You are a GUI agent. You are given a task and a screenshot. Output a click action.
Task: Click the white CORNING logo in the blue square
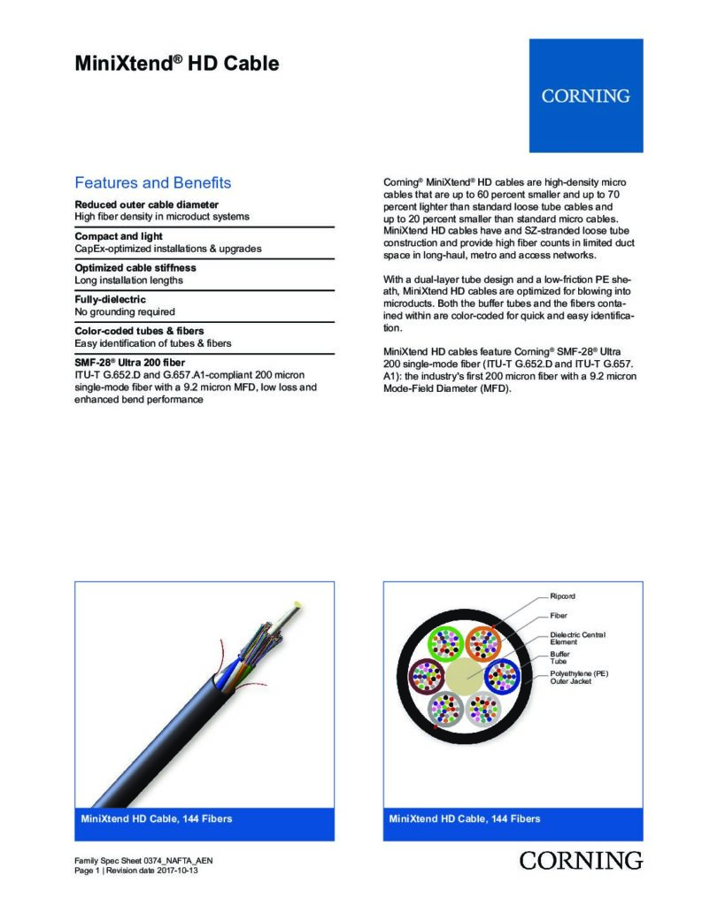point(585,96)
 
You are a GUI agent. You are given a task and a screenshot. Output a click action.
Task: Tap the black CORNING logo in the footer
point(581,860)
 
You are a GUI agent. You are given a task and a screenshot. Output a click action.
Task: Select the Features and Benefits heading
point(153,183)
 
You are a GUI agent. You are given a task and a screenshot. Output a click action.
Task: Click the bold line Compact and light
point(118,237)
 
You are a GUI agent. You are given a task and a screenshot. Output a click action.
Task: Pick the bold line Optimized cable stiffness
point(135,267)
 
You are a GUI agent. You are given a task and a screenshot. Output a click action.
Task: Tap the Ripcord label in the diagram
point(563,596)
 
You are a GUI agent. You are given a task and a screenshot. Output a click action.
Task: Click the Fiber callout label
point(559,615)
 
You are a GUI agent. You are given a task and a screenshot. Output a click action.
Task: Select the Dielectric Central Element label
point(577,638)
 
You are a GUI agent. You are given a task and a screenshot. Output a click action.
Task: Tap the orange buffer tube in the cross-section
point(483,643)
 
